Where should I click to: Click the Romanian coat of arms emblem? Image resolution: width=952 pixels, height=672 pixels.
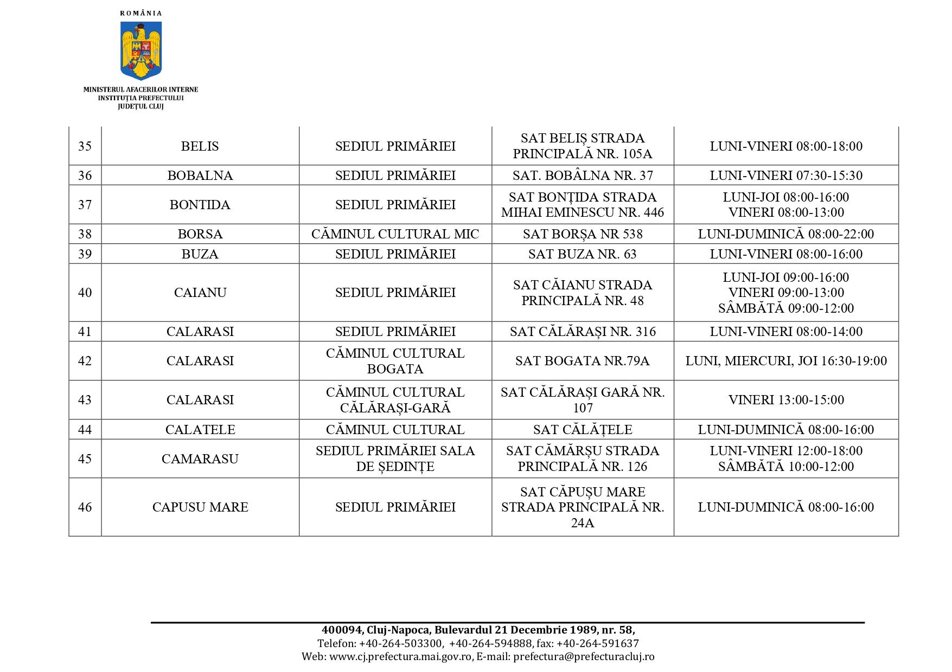(141, 50)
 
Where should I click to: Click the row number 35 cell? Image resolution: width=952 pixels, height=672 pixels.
(85, 146)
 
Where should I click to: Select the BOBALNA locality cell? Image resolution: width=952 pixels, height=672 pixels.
(200, 176)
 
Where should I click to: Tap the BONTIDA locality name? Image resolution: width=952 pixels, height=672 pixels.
(200, 205)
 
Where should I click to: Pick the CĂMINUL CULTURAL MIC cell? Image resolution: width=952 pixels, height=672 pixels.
(395, 234)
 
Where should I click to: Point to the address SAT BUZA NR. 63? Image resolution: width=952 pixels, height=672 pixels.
(583, 254)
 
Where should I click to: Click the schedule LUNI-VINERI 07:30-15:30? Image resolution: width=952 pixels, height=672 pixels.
(785, 176)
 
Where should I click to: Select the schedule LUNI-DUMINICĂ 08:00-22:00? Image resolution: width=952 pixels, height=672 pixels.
(785, 234)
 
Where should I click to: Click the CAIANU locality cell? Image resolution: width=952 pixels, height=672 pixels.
(200, 293)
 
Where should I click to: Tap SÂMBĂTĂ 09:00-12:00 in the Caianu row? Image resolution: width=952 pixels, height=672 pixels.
(785, 308)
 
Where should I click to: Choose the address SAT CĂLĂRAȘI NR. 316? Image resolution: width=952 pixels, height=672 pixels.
(583, 332)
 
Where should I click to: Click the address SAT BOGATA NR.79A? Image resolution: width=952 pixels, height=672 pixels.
(583, 361)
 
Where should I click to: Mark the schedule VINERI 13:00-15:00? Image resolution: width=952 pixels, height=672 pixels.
(785, 400)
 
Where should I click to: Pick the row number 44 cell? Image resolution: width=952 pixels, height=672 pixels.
(85, 430)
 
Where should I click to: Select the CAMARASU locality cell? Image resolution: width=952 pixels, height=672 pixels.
(200, 459)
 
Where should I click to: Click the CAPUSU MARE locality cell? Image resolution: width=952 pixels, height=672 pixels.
(200, 507)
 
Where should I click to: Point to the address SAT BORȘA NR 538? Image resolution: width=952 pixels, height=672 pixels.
(583, 234)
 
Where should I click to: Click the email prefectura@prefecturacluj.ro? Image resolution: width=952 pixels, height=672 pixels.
(584, 656)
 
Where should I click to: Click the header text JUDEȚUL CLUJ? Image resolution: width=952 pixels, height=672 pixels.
(140, 106)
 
